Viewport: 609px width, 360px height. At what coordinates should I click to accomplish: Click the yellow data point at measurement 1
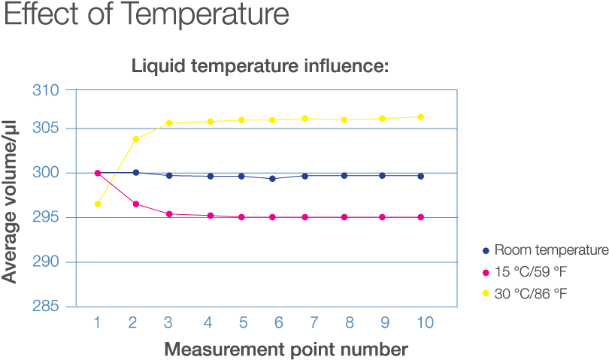(x=98, y=204)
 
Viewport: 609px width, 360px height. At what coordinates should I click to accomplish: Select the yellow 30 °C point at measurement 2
(x=135, y=139)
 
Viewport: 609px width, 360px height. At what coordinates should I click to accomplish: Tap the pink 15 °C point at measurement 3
(x=169, y=214)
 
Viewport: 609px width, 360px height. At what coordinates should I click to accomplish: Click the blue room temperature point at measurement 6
(x=272, y=178)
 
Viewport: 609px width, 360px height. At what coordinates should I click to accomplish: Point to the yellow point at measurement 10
(x=420, y=116)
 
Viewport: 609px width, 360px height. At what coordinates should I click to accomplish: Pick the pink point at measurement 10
(x=420, y=217)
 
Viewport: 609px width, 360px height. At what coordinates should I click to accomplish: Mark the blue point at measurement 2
(x=135, y=172)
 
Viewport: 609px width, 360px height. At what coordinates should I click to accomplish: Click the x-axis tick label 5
(x=244, y=323)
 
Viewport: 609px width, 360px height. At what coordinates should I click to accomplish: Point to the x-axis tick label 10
(x=425, y=323)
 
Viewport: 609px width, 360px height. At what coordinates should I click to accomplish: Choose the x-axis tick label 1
(x=97, y=323)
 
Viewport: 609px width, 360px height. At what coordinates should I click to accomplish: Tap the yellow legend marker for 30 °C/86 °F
(x=486, y=293)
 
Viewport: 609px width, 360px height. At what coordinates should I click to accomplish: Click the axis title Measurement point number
(x=286, y=349)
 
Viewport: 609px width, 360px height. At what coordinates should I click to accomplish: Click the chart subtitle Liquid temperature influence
(x=260, y=66)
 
